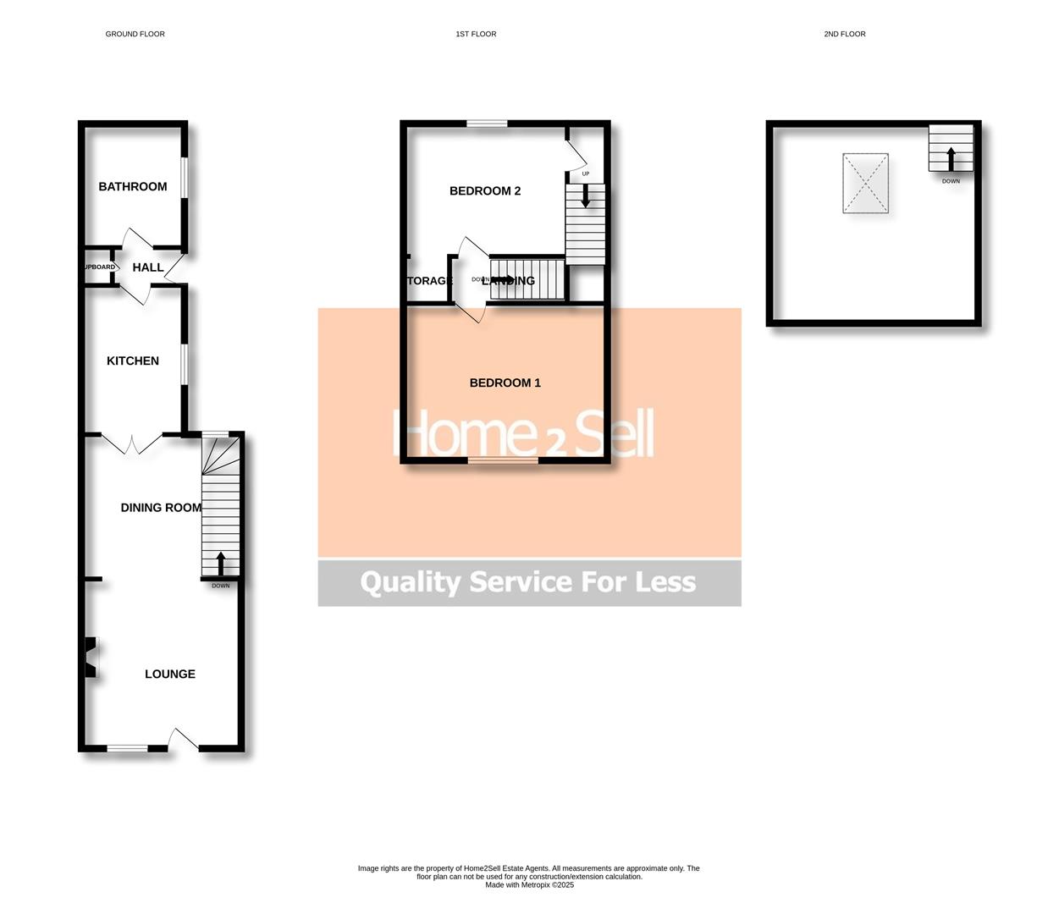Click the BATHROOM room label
click(133, 187)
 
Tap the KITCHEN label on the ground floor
click(133, 361)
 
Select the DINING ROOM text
click(161, 508)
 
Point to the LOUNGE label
click(170, 674)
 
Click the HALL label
click(148, 267)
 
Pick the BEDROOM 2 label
click(485, 191)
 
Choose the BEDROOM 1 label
click(505, 383)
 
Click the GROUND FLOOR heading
click(135, 35)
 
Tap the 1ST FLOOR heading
click(476, 35)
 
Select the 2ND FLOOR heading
click(845, 35)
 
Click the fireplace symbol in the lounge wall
click(90, 657)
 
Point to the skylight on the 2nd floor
click(865, 183)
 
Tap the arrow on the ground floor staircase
click(221, 564)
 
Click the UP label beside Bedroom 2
click(585, 174)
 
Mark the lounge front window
click(127, 748)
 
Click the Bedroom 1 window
click(503, 460)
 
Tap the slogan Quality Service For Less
click(528, 582)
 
